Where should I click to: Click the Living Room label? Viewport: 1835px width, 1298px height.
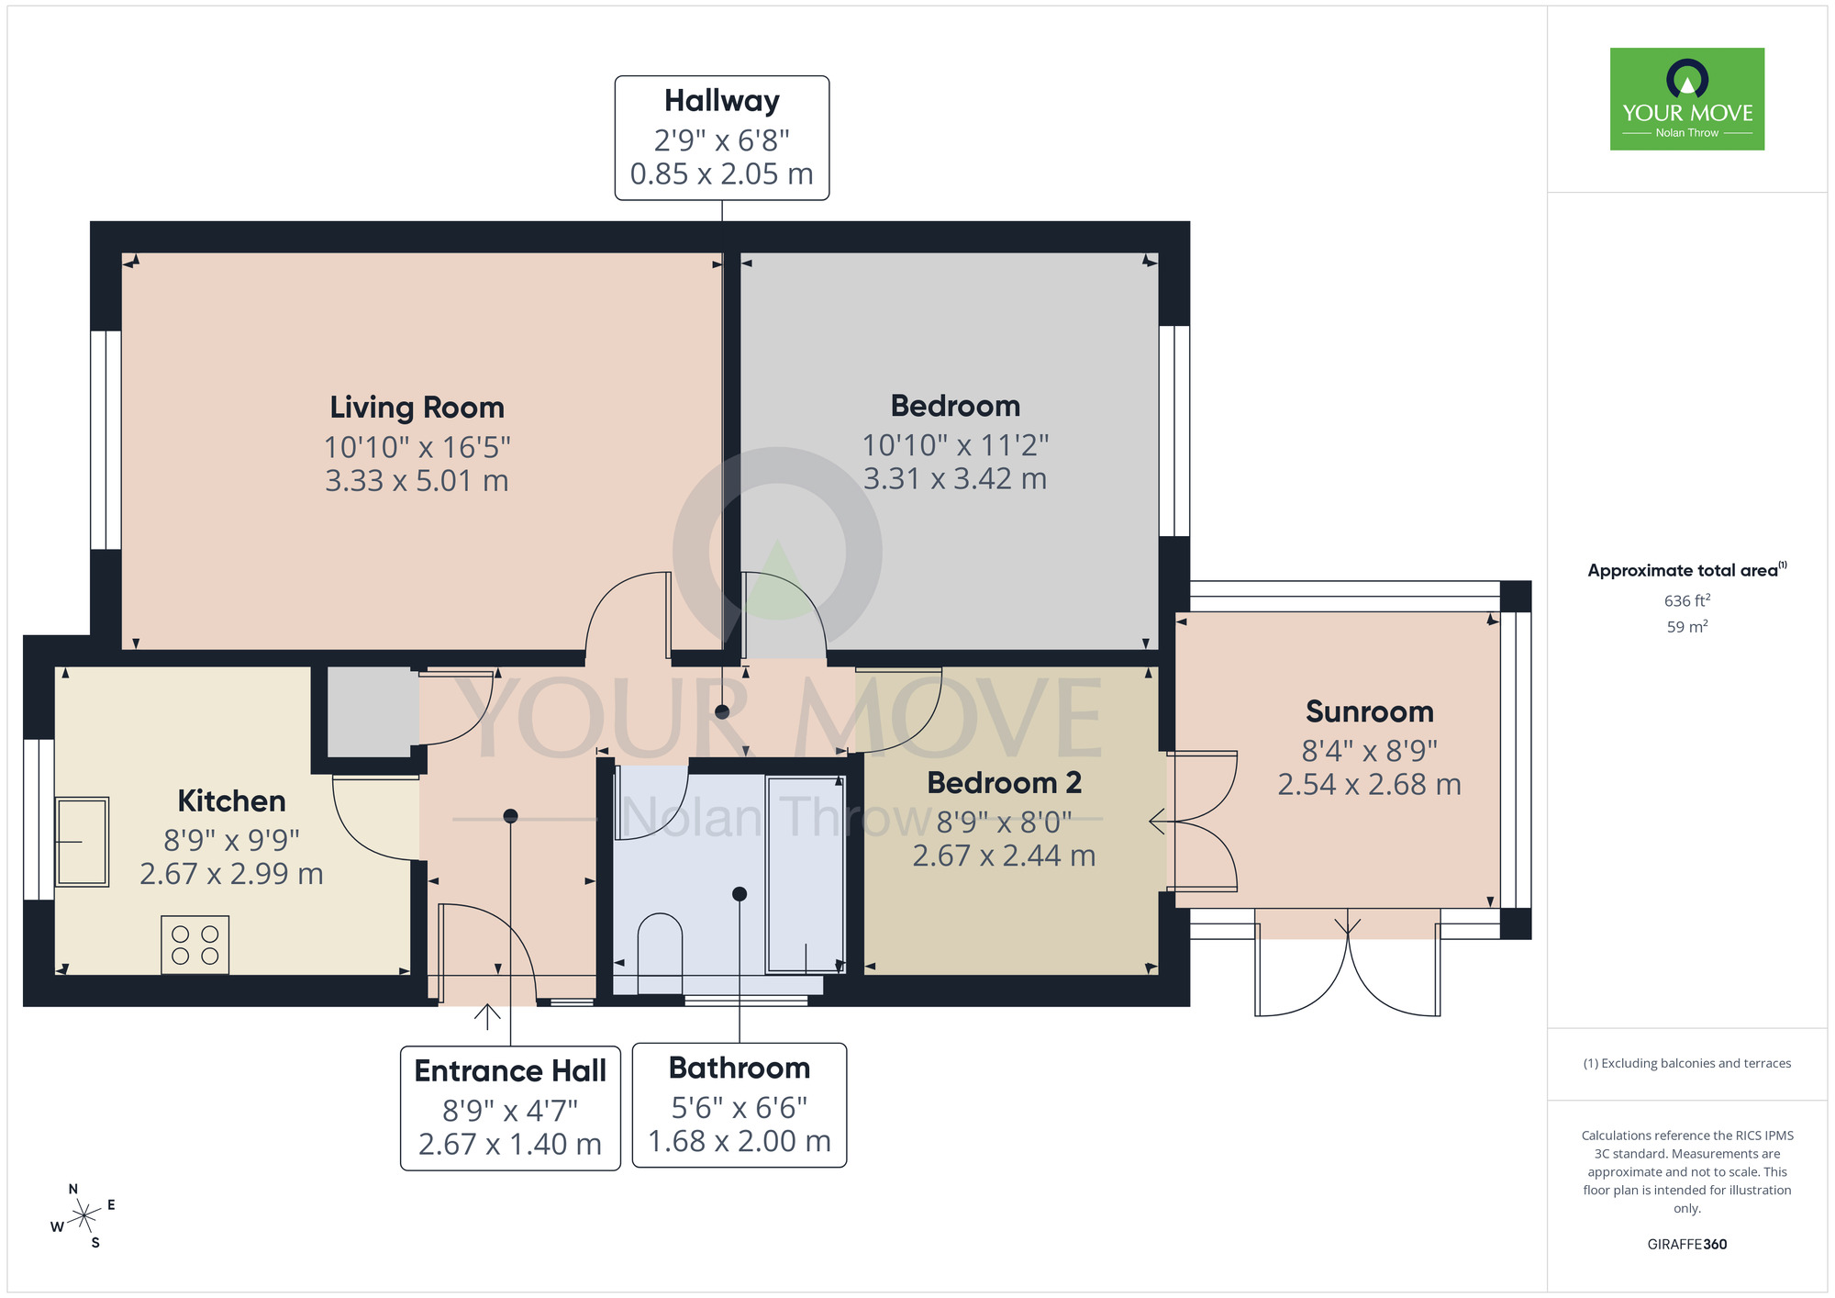pyautogui.click(x=417, y=407)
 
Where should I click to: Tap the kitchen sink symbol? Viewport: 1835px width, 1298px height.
pyautogui.click(x=83, y=841)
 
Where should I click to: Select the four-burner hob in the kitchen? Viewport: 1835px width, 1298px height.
pyautogui.click(x=195, y=945)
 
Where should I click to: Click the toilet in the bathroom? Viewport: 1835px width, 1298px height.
pyautogui.click(x=659, y=953)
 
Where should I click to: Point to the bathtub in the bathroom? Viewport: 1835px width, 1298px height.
pyautogui.click(x=805, y=874)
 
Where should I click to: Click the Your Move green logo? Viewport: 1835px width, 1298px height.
pyautogui.click(x=1686, y=99)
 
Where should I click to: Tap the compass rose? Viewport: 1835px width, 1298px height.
pyautogui.click(x=83, y=1216)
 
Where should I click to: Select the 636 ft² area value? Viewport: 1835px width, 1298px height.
pyautogui.click(x=1686, y=600)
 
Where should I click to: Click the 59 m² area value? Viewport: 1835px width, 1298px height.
pyautogui.click(x=1686, y=627)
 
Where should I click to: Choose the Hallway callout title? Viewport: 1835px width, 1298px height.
pyautogui.click(x=721, y=100)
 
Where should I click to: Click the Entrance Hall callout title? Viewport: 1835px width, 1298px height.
pyautogui.click(x=510, y=1070)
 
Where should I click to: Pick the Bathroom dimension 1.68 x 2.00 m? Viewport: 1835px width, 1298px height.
pyautogui.click(x=739, y=1141)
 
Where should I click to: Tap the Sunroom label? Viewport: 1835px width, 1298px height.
pyautogui.click(x=1369, y=711)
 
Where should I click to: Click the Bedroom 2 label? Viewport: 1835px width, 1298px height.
pyautogui.click(x=1004, y=782)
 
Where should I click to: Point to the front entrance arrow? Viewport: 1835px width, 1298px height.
pyautogui.click(x=487, y=1016)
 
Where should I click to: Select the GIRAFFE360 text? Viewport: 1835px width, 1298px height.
pyautogui.click(x=1686, y=1244)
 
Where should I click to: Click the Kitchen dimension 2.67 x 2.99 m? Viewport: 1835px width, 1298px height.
pyautogui.click(x=231, y=874)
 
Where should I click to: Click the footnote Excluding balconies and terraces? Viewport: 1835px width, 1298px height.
pyautogui.click(x=1686, y=1063)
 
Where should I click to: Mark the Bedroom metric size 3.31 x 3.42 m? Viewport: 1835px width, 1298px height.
pyautogui.click(x=954, y=478)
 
